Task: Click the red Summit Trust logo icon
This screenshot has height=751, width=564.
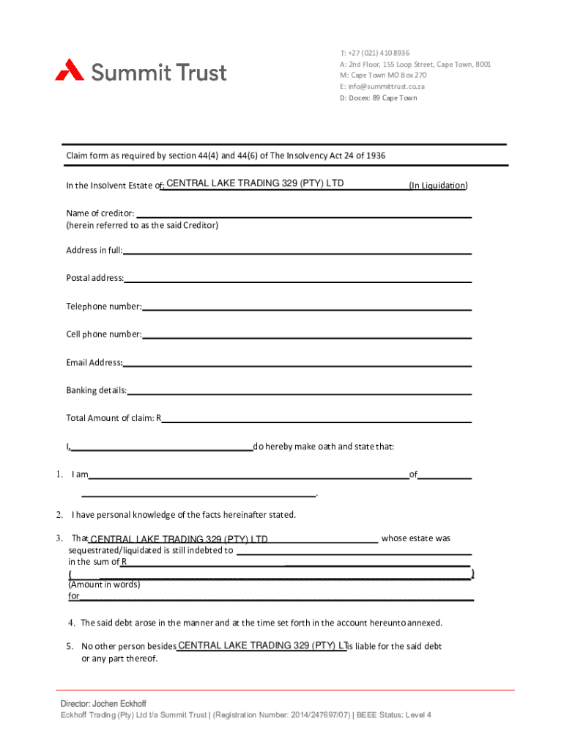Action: pos(70,70)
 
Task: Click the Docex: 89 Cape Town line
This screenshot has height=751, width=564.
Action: pos(378,98)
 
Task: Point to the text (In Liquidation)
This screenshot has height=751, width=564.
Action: pos(438,186)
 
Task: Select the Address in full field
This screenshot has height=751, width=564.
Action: pos(297,252)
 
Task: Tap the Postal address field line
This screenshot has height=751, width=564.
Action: pos(297,279)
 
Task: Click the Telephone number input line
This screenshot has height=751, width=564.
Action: pos(306,307)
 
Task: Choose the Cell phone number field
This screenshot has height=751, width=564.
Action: pos(307,335)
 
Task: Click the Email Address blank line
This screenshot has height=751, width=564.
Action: pos(297,363)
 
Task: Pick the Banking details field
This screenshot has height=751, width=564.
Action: pos(299,391)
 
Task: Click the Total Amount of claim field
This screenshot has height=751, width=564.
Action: pos(316,420)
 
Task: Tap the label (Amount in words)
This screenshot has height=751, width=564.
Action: pos(103,585)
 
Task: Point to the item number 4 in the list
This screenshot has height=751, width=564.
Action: pos(72,623)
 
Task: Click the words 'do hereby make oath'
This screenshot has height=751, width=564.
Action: pos(294,447)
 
